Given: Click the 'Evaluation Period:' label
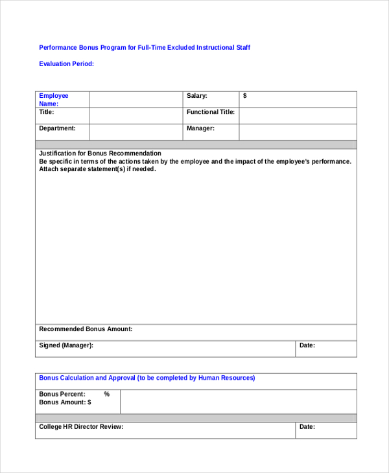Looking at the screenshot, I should [x=66, y=63].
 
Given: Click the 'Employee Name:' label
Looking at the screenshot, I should [x=53, y=99].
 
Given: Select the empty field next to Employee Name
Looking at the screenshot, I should [x=136, y=99].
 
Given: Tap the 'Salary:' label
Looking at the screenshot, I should [x=196, y=96].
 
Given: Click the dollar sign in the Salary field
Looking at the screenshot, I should [x=244, y=96].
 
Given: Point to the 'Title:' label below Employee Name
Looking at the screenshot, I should [x=47, y=112].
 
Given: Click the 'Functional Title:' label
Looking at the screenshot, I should [x=211, y=112].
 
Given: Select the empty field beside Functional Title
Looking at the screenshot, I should [x=298, y=115].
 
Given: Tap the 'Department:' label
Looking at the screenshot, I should [x=57, y=128].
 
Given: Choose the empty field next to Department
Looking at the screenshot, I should [x=136, y=132].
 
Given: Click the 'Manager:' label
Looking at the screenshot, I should [x=200, y=128].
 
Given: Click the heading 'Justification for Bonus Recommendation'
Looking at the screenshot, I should [x=100, y=154].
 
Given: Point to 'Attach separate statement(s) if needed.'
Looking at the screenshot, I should [x=97, y=169].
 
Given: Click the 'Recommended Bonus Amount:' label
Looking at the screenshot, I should [x=86, y=329].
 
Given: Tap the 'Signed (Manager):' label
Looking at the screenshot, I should [x=66, y=345].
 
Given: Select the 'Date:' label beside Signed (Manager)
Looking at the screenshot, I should [x=307, y=345].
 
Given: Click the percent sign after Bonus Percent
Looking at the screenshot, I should [x=106, y=394].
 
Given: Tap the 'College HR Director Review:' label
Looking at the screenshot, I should [x=81, y=427].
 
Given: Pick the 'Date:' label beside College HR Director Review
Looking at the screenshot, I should [x=307, y=427].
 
